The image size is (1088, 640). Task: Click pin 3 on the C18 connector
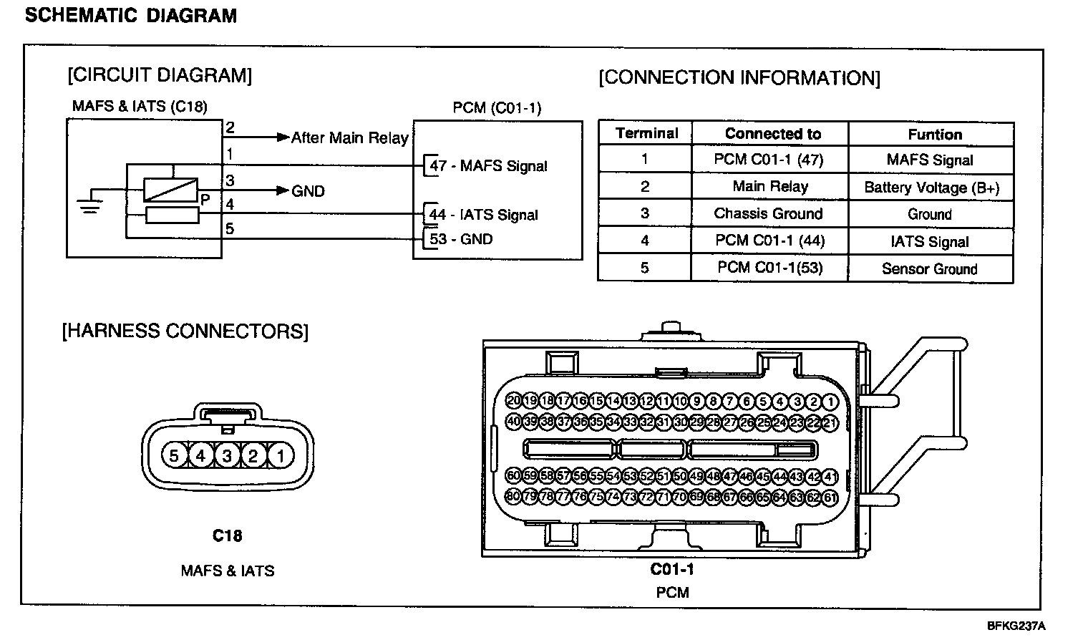click(227, 455)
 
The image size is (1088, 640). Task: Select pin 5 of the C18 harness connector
click(174, 455)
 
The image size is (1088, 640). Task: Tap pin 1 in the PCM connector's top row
click(830, 402)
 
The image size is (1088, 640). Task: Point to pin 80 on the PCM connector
click(513, 496)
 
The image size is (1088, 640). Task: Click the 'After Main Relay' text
click(349, 137)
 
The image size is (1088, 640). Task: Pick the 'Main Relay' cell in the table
click(770, 187)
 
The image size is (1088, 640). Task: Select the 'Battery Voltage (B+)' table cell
click(931, 188)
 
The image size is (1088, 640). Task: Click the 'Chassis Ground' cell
click(769, 213)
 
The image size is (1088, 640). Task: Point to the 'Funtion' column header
click(935, 135)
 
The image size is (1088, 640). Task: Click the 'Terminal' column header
click(646, 133)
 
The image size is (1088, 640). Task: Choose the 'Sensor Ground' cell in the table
click(929, 269)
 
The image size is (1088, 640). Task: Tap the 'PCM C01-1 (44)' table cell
click(770, 241)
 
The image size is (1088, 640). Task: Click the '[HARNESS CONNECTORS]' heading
click(185, 331)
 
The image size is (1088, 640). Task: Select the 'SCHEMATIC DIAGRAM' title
click(130, 15)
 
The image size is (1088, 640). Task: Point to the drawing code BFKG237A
click(1016, 625)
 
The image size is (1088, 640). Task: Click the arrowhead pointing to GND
click(283, 190)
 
